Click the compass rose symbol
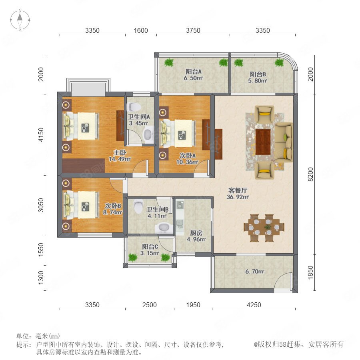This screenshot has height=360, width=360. point(20,20)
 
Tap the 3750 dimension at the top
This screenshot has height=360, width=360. point(193,30)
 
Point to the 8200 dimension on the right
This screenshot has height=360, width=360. point(310,174)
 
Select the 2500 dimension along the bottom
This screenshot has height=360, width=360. point(150,305)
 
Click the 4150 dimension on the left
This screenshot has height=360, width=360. point(41,135)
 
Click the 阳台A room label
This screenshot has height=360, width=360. point(193,72)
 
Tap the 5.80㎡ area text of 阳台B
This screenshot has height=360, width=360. point(257,81)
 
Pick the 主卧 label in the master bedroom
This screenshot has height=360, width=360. point(120,152)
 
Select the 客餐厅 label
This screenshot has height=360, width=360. point(238,190)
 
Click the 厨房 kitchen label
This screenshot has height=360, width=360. point(196,233)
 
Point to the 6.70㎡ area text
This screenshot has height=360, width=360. point(255,272)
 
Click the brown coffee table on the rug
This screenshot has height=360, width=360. point(263,142)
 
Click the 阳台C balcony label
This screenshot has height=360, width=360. point(150,247)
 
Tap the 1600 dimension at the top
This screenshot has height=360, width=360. point(141,30)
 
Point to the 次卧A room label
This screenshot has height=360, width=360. point(188,156)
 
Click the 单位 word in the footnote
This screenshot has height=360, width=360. point(24,336)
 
